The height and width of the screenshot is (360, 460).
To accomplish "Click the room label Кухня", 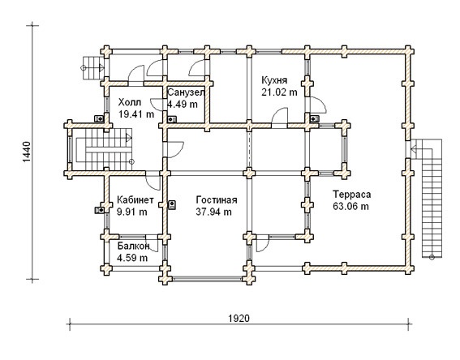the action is (x=274, y=80).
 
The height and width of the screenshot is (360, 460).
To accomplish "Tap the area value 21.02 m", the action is (x=279, y=92).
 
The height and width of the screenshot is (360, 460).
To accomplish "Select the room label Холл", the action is (x=130, y=102).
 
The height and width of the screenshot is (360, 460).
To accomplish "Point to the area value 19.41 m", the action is (x=136, y=114).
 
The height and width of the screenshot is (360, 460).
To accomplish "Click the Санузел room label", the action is (x=186, y=92).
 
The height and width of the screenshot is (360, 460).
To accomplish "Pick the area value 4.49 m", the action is (x=183, y=104).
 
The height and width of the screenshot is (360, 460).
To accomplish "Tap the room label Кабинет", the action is (x=135, y=200).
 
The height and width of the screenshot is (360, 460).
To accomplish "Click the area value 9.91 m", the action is (x=132, y=212).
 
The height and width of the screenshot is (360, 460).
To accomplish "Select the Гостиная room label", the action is (x=217, y=200).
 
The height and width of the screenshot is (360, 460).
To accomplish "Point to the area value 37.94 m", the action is (x=214, y=212).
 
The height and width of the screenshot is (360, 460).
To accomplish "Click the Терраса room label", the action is (x=352, y=195).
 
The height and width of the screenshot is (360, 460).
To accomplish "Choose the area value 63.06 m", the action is (x=350, y=206).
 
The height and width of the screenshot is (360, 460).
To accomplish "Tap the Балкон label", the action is (x=134, y=246).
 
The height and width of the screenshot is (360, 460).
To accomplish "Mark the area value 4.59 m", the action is (x=132, y=258).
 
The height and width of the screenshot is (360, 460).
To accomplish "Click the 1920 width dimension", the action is (x=239, y=318).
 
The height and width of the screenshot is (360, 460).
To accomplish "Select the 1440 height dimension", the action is (x=26, y=152).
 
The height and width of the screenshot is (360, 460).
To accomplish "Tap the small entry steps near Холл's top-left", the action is (x=92, y=68).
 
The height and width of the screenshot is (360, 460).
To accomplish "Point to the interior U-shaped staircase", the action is (x=104, y=149).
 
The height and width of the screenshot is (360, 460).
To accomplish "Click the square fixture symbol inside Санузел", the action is (x=172, y=119).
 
